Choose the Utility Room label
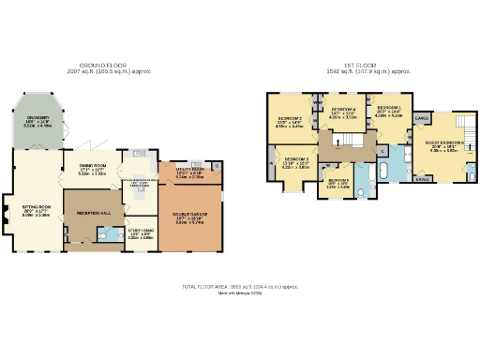189,172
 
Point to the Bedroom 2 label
289,123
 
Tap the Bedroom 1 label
389,112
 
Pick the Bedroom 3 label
296,163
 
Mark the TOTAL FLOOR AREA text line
239,286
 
